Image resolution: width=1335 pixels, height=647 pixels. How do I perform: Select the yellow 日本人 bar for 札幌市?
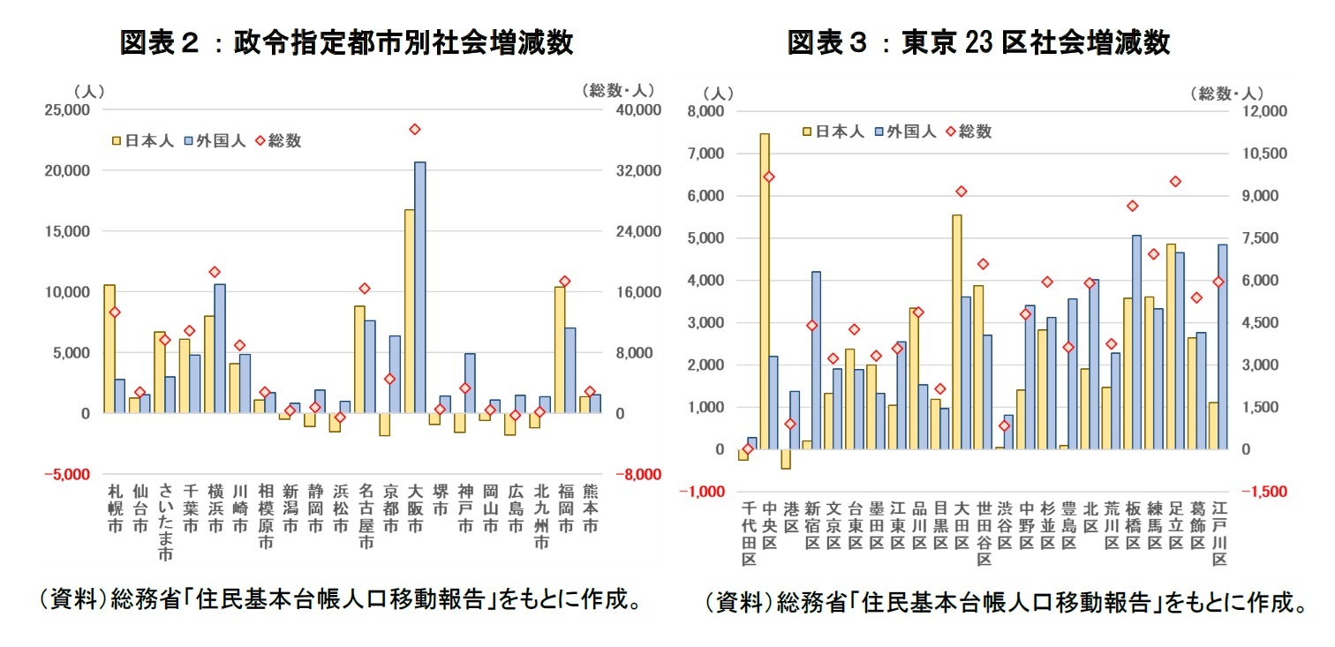109,349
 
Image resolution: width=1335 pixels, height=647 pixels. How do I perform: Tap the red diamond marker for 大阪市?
415,130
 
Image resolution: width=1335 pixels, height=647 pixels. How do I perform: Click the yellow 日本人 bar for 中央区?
765,291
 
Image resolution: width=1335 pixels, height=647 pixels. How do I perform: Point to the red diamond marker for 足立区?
1175,182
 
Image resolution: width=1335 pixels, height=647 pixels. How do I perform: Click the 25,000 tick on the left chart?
67,110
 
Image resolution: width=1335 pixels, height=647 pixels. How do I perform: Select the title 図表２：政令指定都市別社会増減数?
346,41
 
